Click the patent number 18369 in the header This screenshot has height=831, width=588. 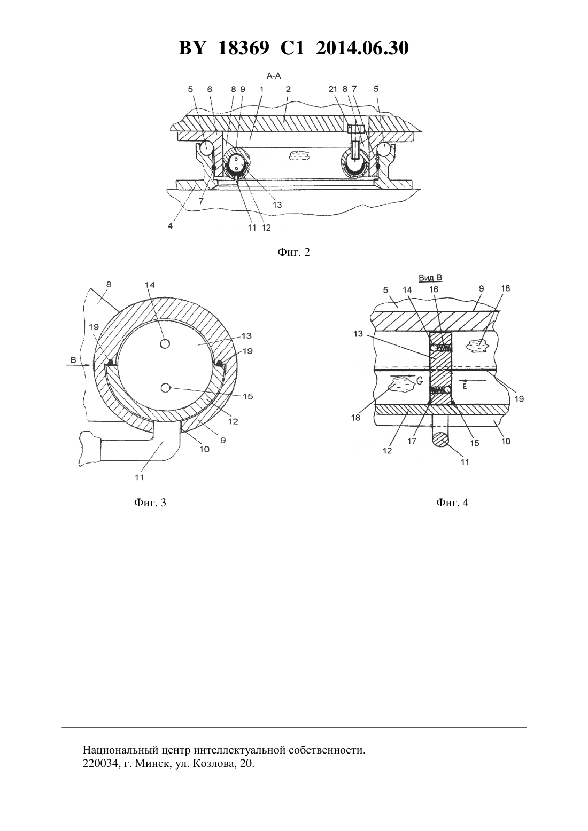coord(243,48)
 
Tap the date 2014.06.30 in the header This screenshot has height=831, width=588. coord(362,48)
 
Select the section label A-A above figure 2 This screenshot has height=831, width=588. coord(274,76)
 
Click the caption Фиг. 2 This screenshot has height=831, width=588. coord(293,252)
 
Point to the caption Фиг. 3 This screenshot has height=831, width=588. coord(150,503)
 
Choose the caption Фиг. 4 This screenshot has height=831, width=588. coord(452,503)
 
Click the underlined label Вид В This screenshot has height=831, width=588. coord(430,278)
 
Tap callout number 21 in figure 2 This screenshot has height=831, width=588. coord(333,89)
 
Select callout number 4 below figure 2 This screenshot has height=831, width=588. coord(170,225)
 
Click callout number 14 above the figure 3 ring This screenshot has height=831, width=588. coord(150,285)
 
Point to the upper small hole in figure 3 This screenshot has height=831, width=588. coord(165,344)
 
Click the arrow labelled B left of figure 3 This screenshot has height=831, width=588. coord(79,365)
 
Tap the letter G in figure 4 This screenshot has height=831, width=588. coord(420,380)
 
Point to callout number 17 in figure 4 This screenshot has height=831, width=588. coord(412,441)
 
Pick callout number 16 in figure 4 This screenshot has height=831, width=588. coord(434,289)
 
